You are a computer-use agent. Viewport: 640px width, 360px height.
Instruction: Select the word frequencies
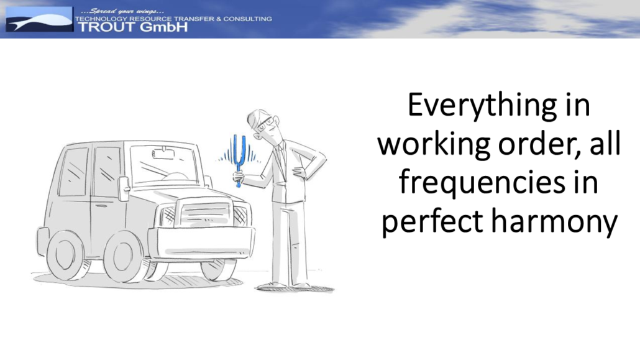pos(482,183)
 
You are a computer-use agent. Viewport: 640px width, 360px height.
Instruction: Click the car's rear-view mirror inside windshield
pos(163,154)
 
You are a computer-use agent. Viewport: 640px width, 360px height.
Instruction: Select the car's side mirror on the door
pos(124,188)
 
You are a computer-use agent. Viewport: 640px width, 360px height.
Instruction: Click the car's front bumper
pos(201,242)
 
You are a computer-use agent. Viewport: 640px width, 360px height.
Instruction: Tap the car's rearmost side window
pos(73,172)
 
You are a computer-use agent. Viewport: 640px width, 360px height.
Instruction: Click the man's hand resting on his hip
pos(300,172)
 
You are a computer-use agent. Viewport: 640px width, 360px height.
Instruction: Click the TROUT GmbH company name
pos(132,27)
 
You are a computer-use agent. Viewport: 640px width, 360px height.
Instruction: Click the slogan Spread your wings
pos(122,11)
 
